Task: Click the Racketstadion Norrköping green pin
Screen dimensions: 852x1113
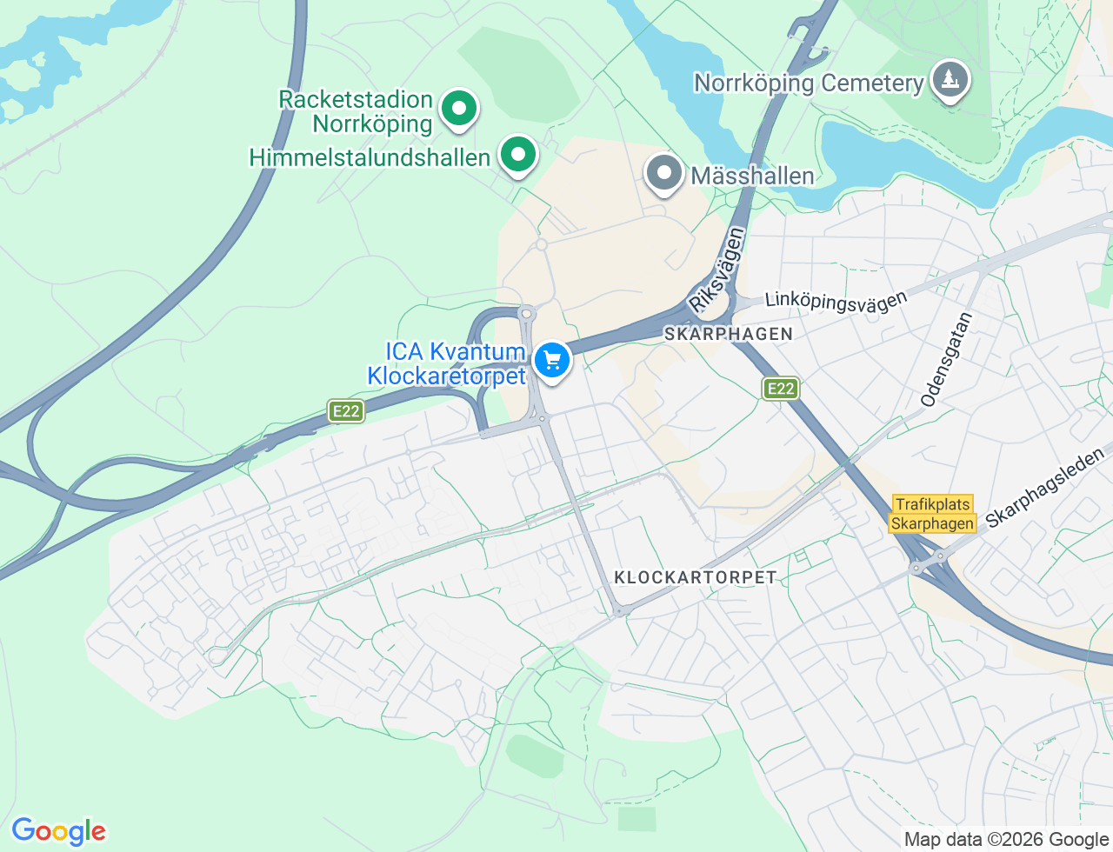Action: [x=458, y=110]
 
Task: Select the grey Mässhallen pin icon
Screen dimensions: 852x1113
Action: [x=664, y=173]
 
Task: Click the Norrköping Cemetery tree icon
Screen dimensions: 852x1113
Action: [x=950, y=80]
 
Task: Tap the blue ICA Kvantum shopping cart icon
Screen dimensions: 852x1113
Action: [x=551, y=360]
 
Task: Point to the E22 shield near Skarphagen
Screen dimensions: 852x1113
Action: [x=781, y=389]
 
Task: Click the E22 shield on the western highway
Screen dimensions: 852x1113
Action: [x=346, y=411]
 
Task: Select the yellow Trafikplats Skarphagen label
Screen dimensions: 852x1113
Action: [x=932, y=514]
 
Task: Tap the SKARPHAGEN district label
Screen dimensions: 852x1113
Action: [x=729, y=334]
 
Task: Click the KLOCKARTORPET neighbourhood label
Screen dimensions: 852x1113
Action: [x=695, y=577]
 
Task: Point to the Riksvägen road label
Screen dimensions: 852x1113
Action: [x=717, y=270]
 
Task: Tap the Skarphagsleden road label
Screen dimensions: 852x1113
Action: [x=1044, y=486]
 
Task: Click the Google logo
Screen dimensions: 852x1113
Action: [x=58, y=831]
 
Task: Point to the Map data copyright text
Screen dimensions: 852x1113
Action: [x=1006, y=839]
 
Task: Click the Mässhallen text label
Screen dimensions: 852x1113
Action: [x=752, y=176]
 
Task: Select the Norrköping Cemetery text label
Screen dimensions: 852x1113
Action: [x=809, y=83]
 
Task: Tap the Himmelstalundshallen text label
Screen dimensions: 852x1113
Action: [x=370, y=157]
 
